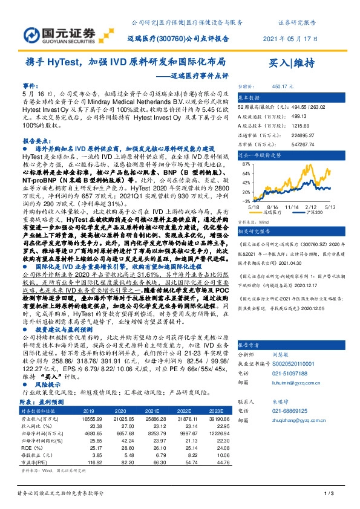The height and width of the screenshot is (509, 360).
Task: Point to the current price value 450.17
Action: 283,86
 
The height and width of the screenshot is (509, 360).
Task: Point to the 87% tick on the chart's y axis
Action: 246,163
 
